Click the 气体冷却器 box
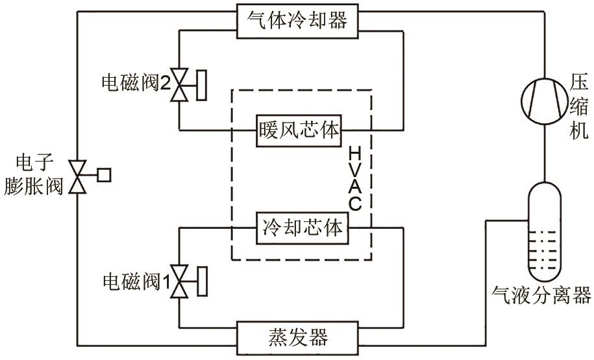click(x=297, y=19)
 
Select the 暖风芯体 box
click(x=298, y=130)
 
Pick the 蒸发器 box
click(x=298, y=337)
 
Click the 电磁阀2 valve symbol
click(x=179, y=85)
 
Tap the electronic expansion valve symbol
click(x=79, y=175)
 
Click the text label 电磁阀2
click(x=135, y=84)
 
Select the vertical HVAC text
click(x=354, y=178)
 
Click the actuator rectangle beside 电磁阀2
click(x=201, y=85)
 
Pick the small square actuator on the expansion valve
click(x=104, y=174)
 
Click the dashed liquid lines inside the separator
click(x=543, y=250)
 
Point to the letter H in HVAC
click(x=354, y=154)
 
